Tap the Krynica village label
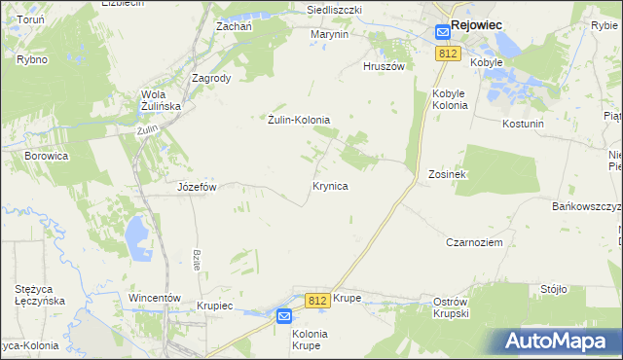click(x=331, y=184)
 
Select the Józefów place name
click(x=196, y=186)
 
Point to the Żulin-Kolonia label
click(x=299, y=120)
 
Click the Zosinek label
click(x=448, y=174)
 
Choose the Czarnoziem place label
click(x=474, y=242)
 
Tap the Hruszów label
click(x=383, y=67)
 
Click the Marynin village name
click(x=329, y=34)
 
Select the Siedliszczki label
click(x=334, y=9)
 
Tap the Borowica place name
click(x=47, y=155)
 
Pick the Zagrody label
click(x=211, y=79)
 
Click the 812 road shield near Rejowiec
click(x=448, y=54)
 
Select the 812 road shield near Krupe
click(x=315, y=301)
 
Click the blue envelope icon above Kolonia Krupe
click(x=283, y=316)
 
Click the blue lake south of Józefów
click(x=135, y=234)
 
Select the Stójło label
click(x=553, y=289)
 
